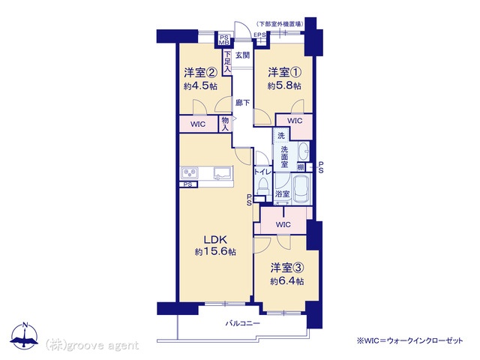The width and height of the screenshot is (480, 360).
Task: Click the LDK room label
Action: coord(215,239)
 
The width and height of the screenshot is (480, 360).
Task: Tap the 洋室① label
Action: coord(285,73)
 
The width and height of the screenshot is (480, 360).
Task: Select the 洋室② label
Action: coord(200,73)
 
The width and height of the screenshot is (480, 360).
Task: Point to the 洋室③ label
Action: coord(286,268)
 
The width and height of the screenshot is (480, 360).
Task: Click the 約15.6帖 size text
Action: coord(215,252)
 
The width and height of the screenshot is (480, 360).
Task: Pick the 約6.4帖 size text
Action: coord(286,281)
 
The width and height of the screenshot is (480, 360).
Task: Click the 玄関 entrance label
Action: coord(243,55)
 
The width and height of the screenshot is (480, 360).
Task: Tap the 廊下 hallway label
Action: coord(243,103)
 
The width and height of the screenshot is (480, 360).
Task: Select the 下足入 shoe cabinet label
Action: coord(227,62)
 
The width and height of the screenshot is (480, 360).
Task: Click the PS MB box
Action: coord(224,40)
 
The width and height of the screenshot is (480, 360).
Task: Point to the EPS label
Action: coord(260,35)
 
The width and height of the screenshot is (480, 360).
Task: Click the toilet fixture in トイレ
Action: coord(263,186)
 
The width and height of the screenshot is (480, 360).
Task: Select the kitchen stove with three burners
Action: coord(190,173)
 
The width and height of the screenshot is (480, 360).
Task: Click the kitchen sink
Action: coord(223,173)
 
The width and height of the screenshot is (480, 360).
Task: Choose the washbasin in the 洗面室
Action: coord(303,151)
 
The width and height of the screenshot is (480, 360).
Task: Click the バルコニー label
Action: coord(243,323)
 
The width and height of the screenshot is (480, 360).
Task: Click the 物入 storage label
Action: coord(225,124)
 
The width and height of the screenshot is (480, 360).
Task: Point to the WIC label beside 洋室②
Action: coord(198,124)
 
